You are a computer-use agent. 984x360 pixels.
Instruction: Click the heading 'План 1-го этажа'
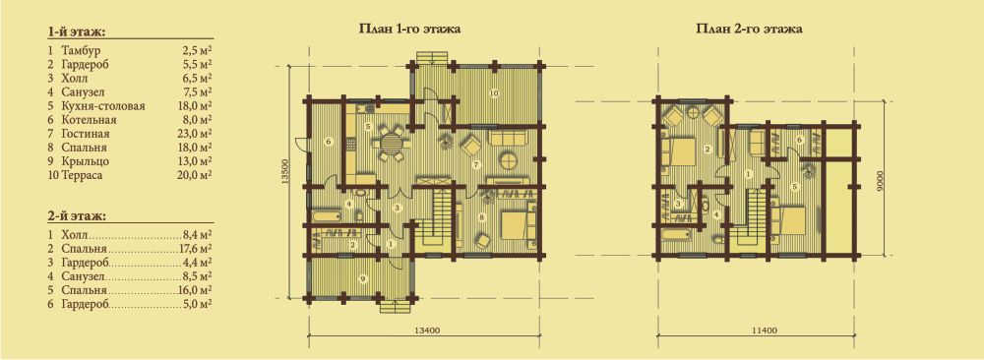tap(409, 29)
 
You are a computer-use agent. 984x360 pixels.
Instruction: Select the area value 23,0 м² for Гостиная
tap(195, 134)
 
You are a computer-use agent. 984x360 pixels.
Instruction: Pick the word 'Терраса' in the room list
tap(82, 175)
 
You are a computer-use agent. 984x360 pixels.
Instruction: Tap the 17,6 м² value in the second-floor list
tap(195, 248)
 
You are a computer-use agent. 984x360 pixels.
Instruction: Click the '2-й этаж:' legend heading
tap(76, 216)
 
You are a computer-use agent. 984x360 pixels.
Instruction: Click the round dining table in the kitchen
tap(391, 143)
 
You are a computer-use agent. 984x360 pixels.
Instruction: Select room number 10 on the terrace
tap(493, 93)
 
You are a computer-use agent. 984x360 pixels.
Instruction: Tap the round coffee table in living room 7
tap(509, 161)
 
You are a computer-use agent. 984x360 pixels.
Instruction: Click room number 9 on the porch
tap(360, 276)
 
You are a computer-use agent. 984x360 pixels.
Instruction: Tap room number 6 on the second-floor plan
tap(799, 140)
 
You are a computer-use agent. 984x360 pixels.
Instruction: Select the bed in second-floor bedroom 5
tap(787, 221)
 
